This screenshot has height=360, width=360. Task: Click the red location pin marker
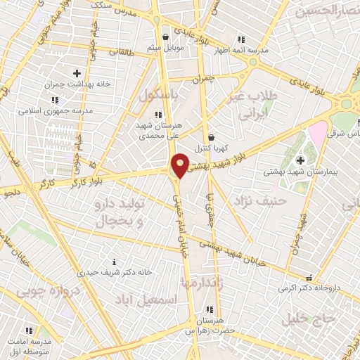tap(180, 165)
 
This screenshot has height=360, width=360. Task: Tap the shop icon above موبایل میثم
tap(165, 37)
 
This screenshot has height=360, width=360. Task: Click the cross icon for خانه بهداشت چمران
tap(77, 73)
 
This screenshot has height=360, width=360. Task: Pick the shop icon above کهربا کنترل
tap(211, 137)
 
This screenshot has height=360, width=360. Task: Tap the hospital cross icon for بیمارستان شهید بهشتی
tap(301, 160)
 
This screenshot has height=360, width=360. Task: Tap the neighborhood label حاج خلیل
tap(310, 318)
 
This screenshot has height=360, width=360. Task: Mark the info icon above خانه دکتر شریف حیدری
tap(105, 262)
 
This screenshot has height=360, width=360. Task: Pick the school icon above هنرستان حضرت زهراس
tap(208, 309)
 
